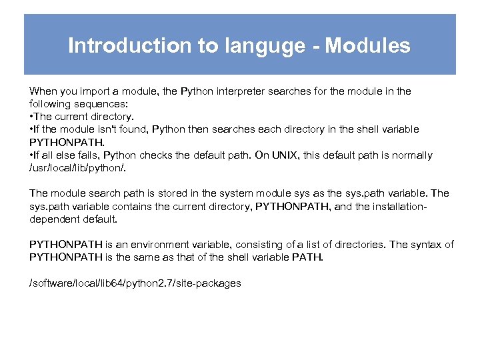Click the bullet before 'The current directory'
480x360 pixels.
31,117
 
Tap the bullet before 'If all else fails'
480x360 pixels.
31,155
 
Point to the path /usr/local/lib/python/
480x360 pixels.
70,168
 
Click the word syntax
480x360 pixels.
425,245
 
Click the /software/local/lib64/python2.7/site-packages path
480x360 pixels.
135,283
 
